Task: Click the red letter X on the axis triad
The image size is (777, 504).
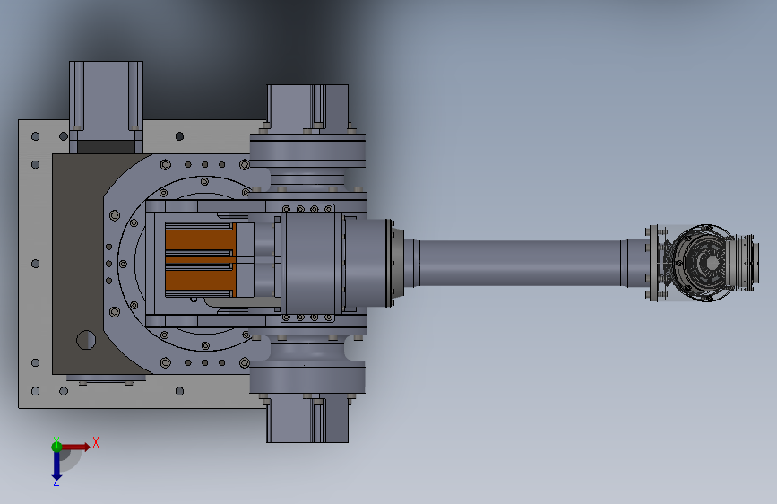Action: pyautogui.click(x=96, y=442)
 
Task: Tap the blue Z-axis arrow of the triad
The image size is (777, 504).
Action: pyautogui.click(x=56, y=465)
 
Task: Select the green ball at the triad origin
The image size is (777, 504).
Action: pyautogui.click(x=56, y=447)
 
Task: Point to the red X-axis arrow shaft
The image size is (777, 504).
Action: pyautogui.click(x=75, y=447)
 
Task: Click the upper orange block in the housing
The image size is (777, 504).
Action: pyautogui.click(x=200, y=239)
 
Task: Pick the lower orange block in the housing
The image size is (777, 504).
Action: pyautogui.click(x=200, y=281)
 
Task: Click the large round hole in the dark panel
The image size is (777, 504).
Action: pyautogui.click(x=86, y=340)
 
